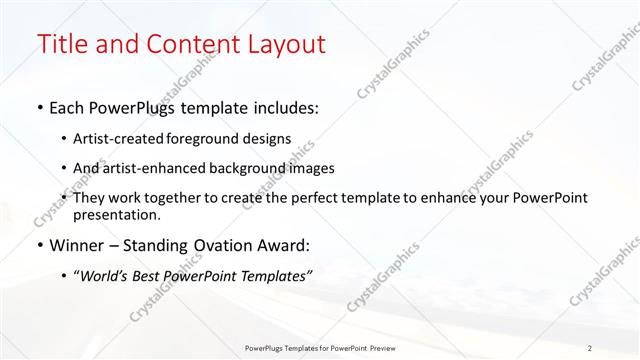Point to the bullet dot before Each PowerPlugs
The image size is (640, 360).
point(39,107)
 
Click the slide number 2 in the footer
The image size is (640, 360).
point(590,348)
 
